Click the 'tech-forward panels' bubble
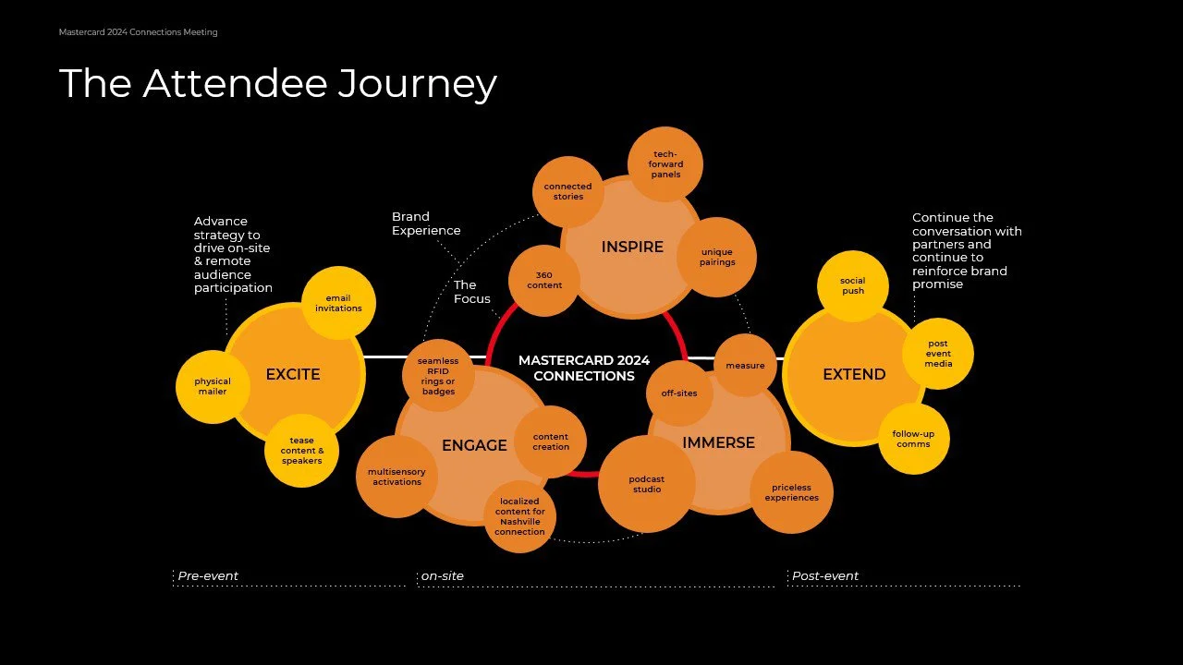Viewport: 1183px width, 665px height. tap(665, 164)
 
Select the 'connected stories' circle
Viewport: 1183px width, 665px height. tap(567, 191)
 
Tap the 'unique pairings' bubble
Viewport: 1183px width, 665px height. tap(717, 257)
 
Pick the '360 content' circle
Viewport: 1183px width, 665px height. tap(544, 280)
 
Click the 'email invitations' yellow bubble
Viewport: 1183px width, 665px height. tap(338, 303)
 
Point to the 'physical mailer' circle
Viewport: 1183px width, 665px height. tap(213, 386)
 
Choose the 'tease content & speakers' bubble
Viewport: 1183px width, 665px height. tap(301, 451)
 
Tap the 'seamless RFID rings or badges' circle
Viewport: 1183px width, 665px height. tap(438, 376)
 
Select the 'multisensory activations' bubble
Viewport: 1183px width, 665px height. tap(396, 477)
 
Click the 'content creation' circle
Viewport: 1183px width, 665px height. tap(551, 441)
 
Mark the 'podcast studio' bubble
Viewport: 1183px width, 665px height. tap(646, 484)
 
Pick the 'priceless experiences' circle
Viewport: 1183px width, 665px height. tap(791, 492)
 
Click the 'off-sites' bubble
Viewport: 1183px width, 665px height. tap(679, 393)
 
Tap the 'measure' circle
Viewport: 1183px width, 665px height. tap(745, 366)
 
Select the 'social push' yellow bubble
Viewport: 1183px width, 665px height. tap(853, 285)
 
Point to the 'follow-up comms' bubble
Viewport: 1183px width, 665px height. tap(913, 439)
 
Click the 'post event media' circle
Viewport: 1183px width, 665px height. tap(938, 354)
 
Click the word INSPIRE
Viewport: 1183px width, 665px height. tap(632, 247)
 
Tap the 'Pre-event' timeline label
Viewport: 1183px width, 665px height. tap(208, 576)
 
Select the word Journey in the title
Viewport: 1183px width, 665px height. tap(417, 83)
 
